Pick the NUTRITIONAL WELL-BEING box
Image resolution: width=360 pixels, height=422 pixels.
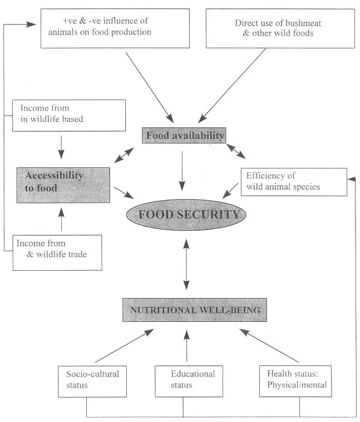click(195, 310)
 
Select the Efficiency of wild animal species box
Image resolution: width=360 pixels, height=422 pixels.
click(293, 181)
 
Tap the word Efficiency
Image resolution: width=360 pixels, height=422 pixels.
click(264, 176)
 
